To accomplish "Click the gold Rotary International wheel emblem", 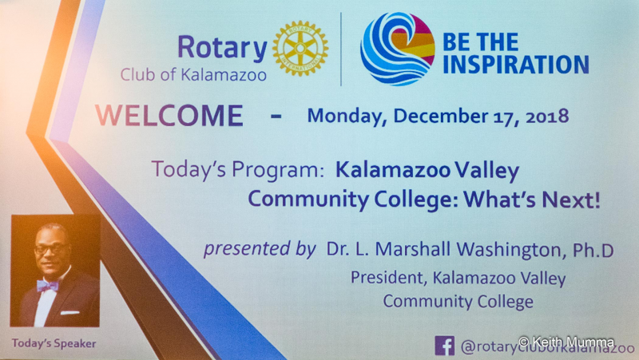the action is coord(300,48).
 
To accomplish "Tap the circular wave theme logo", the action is coord(397,49).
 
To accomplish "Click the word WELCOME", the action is coord(169,115).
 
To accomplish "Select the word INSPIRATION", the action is coord(515,65).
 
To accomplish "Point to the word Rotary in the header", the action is coord(222,48).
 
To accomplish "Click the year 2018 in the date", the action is coord(547,117).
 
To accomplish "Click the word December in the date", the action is coord(440,116).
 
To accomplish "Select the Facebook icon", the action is coord(445,346).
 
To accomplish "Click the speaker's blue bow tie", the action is coord(48,286).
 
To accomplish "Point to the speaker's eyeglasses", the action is coord(51,248).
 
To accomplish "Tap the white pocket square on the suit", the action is coord(69,313).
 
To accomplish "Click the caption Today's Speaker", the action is coord(54,343).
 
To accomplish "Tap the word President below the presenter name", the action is coord(387,278).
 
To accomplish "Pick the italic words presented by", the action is coord(260,248).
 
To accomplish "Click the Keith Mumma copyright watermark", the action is coord(566,342).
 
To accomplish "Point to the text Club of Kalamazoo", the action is coord(193,75).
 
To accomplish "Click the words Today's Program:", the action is coord(237,169).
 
